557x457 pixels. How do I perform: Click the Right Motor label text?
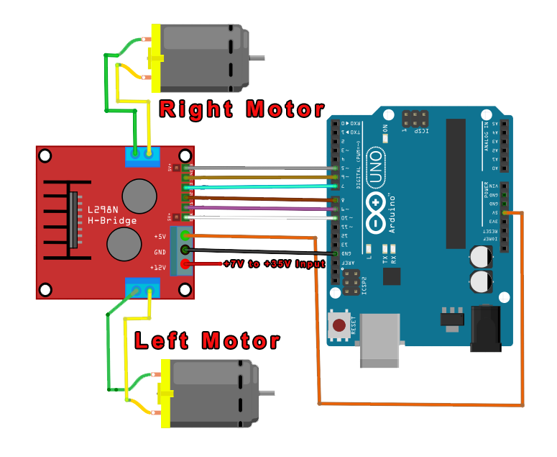point(240,110)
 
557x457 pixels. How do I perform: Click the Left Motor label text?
point(207,340)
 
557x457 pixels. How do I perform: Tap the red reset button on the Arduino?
point(339,326)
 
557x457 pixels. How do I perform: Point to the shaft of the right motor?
point(258,57)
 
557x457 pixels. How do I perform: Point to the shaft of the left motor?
point(267,392)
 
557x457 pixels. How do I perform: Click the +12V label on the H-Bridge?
point(159,266)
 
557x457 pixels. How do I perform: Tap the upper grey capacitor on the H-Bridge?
point(139,194)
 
